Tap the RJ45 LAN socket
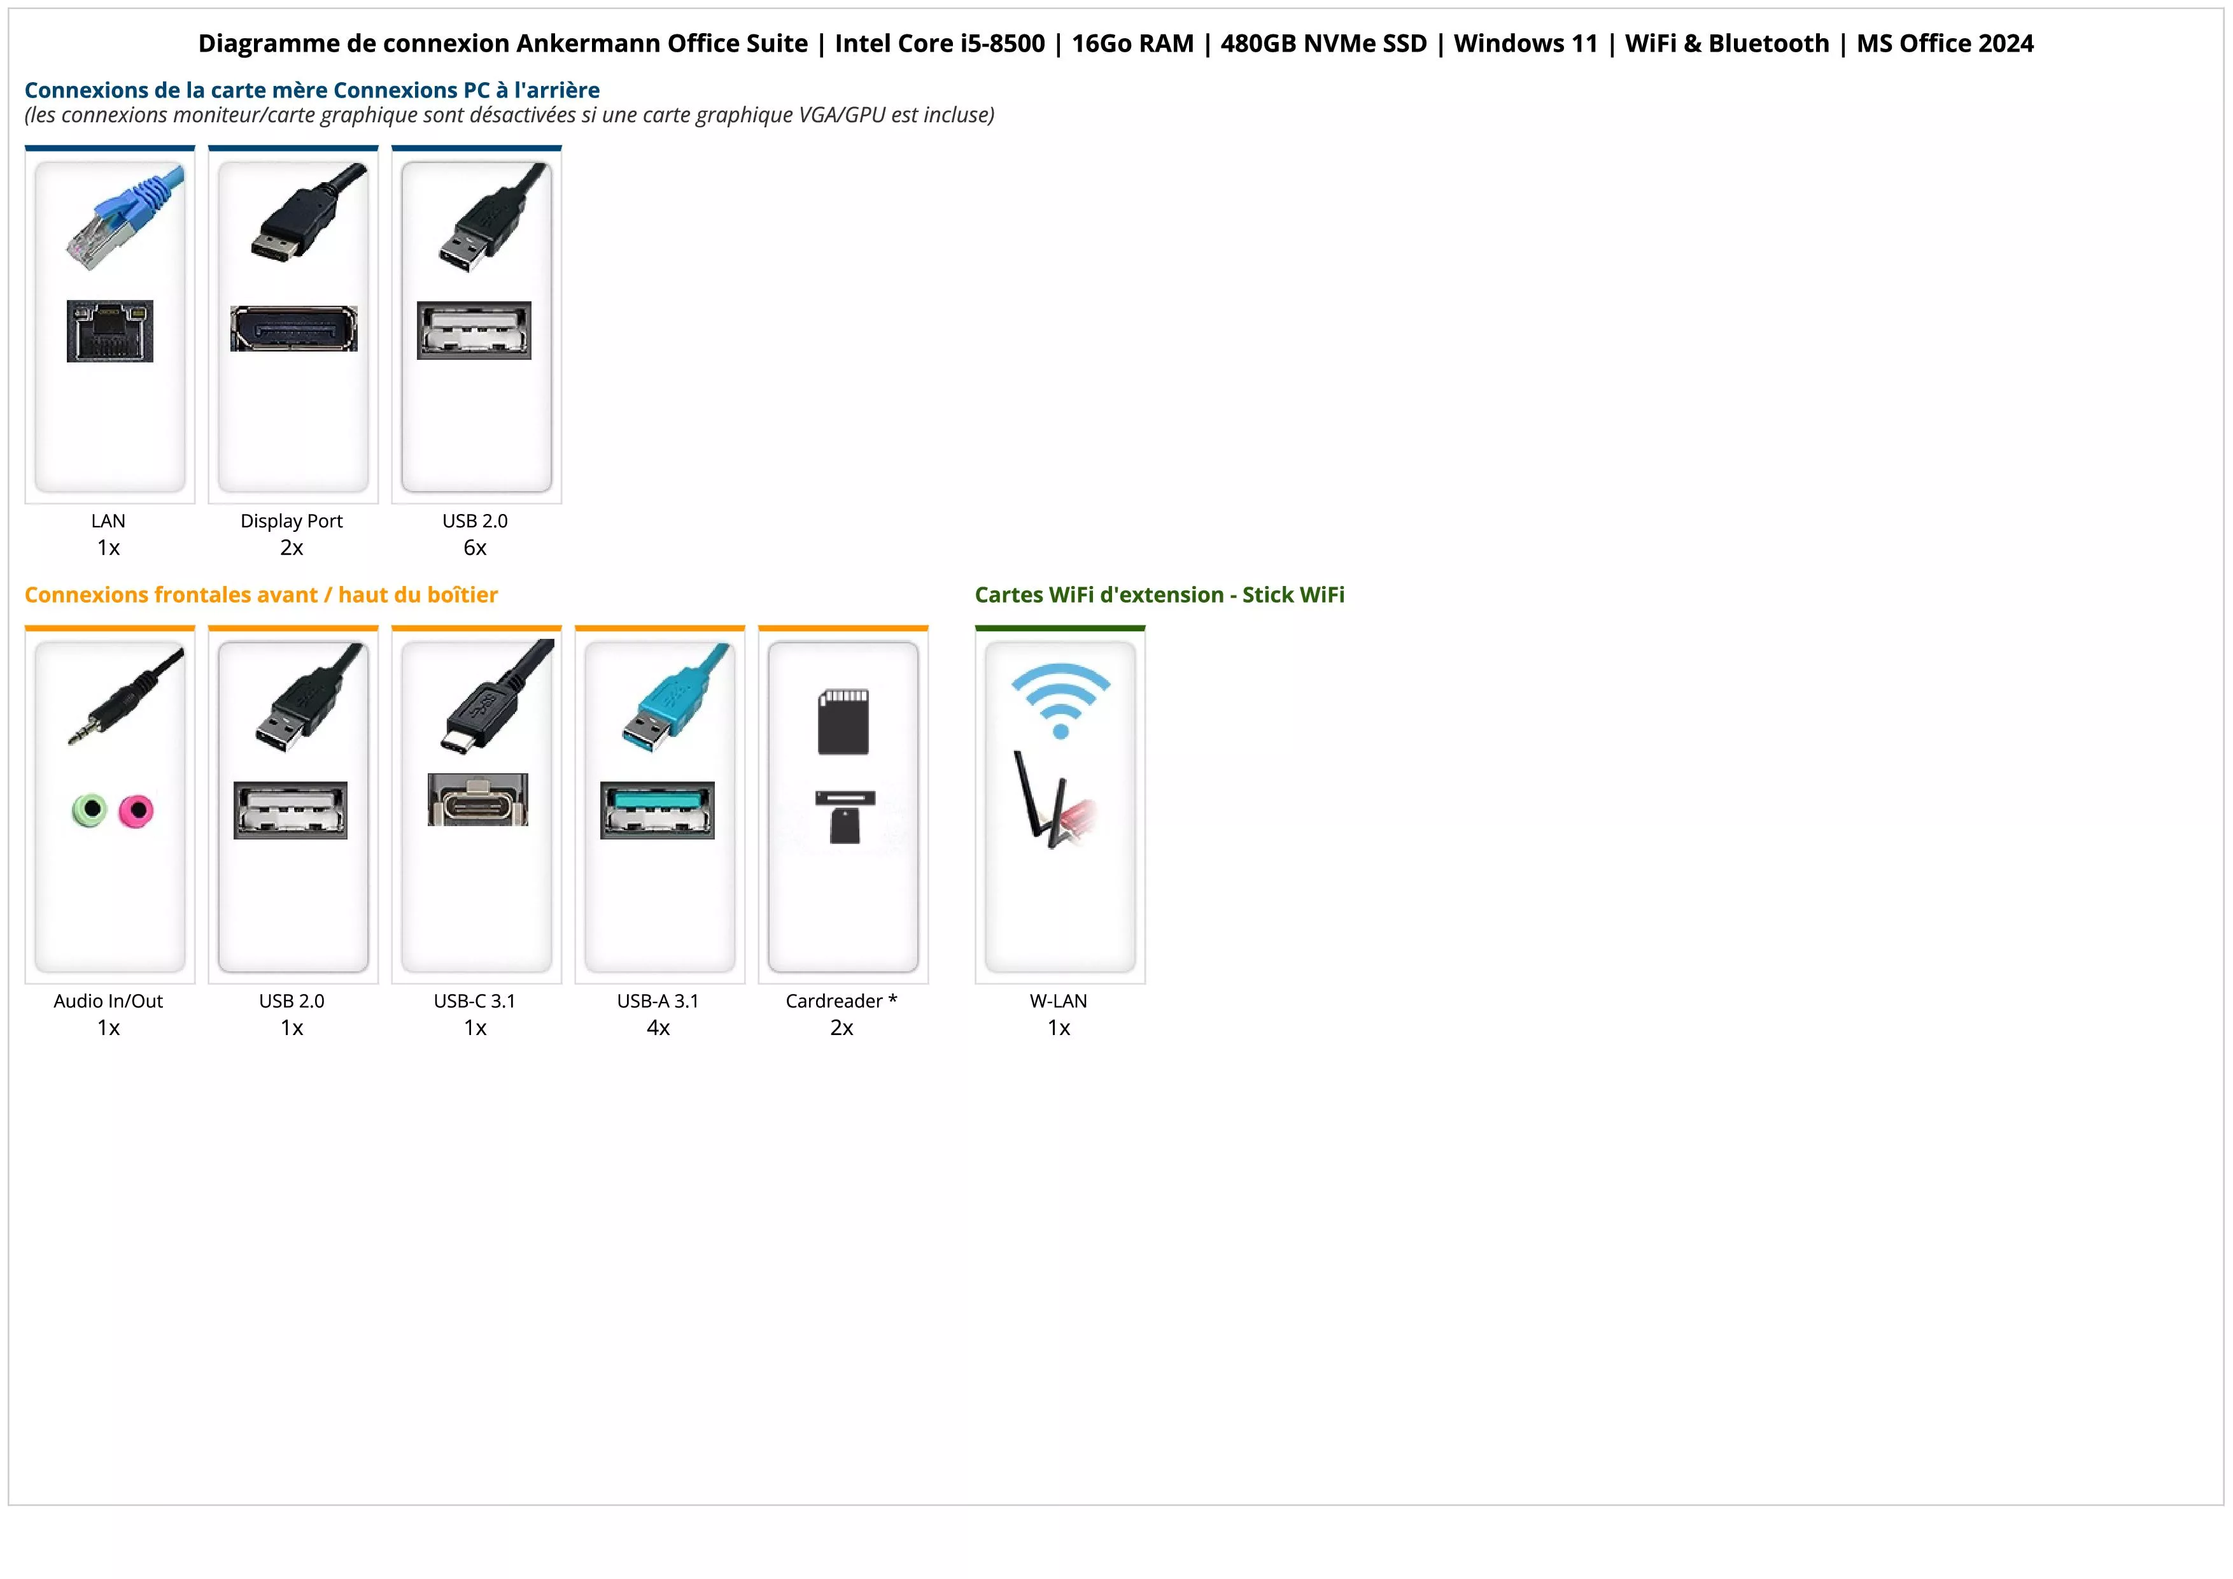[110, 331]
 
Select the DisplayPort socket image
[293, 329]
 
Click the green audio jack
[90, 810]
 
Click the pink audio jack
[136, 810]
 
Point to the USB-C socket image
[477, 800]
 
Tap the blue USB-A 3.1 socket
[658, 810]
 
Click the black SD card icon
[843, 722]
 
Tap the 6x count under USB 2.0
[475, 548]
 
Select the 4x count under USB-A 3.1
[658, 1028]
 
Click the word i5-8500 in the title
[1003, 44]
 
